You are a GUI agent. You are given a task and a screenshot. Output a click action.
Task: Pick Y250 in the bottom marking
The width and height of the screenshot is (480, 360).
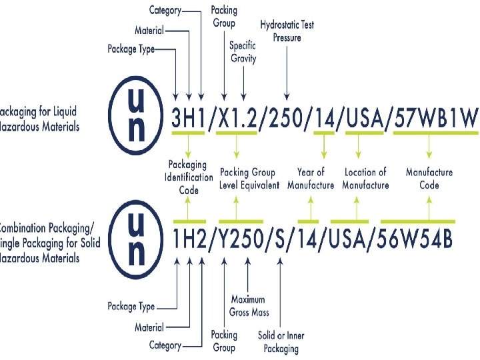click(x=241, y=239)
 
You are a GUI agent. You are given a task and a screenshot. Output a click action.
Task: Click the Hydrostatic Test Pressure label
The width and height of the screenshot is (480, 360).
click(x=287, y=31)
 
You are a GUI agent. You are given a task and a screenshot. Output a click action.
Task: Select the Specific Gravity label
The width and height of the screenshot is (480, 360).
click(x=243, y=52)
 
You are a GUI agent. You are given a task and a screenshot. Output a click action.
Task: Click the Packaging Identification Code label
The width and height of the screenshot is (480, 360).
click(x=189, y=177)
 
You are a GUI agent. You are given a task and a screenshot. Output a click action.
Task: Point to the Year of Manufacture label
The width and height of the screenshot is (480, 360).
click(x=311, y=179)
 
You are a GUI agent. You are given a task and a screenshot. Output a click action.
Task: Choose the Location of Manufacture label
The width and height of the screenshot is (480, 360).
click(x=365, y=179)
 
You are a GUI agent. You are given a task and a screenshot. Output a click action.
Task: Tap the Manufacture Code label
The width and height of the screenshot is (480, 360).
click(x=429, y=179)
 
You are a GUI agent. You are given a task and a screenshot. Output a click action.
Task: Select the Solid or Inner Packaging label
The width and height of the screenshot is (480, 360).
click(x=281, y=342)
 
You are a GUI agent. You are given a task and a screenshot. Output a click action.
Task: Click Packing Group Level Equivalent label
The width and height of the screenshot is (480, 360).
click(x=249, y=179)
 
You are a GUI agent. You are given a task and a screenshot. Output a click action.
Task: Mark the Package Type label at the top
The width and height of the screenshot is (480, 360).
click(x=131, y=49)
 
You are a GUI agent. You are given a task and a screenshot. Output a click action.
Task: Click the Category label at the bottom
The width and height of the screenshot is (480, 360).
click(x=165, y=345)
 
